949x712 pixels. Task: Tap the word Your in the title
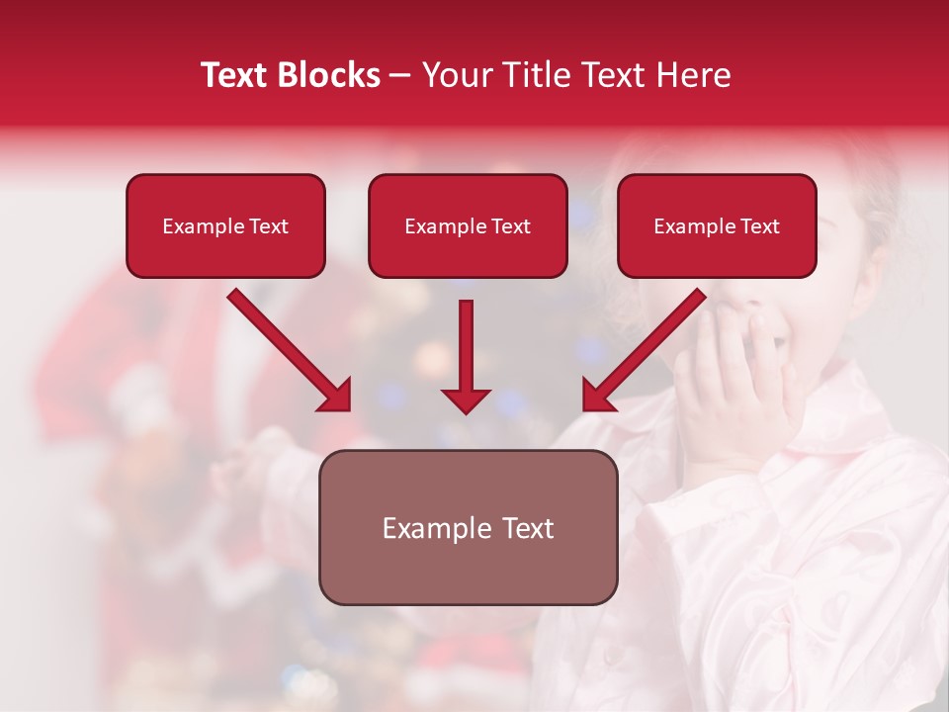pyautogui.click(x=459, y=75)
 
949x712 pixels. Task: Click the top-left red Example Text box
pyautogui.click(x=225, y=225)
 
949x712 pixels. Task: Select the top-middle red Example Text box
pyautogui.click(x=468, y=225)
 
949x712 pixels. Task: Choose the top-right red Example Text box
pyautogui.click(x=717, y=225)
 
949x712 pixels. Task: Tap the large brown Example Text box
pyautogui.click(x=468, y=527)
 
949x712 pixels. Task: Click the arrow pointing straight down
pyautogui.click(x=466, y=351)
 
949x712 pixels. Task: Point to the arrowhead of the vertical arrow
pyautogui.click(x=466, y=400)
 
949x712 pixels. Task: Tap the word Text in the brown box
pyautogui.click(x=528, y=528)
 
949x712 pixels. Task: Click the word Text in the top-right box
pyautogui.click(x=759, y=226)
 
